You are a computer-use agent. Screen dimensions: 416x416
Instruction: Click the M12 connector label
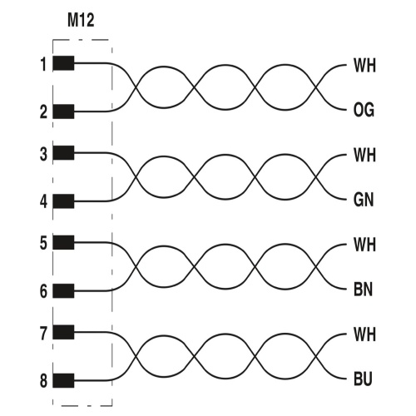pyautogui.click(x=81, y=20)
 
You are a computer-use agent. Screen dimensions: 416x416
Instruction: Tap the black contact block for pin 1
pyautogui.click(x=63, y=63)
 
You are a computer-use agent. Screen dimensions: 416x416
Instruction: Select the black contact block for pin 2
pyautogui.click(x=63, y=111)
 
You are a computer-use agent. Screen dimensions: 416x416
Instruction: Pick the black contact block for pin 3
pyautogui.click(x=63, y=152)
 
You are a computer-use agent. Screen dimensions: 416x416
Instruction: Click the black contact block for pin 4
pyautogui.click(x=63, y=201)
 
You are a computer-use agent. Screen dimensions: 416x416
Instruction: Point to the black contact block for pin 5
pyautogui.click(x=63, y=242)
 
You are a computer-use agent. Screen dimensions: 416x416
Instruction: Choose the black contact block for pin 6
pyautogui.click(x=63, y=290)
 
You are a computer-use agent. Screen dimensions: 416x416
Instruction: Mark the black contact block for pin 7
pyautogui.click(x=63, y=332)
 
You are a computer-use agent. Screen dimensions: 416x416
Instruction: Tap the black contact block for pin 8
pyautogui.click(x=63, y=380)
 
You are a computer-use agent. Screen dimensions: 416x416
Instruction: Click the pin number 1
pyautogui.click(x=43, y=64)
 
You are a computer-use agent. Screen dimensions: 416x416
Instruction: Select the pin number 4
pyautogui.click(x=43, y=201)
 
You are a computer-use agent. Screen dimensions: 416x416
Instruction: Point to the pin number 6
pyautogui.click(x=43, y=291)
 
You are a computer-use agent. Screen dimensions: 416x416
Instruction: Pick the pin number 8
pyautogui.click(x=43, y=380)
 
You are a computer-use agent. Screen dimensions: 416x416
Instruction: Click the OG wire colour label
pyautogui.click(x=364, y=110)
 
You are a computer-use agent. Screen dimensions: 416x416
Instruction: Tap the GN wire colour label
pyautogui.click(x=364, y=200)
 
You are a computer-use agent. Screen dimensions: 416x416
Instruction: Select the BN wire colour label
pyautogui.click(x=364, y=290)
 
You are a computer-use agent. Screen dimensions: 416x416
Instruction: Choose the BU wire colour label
pyautogui.click(x=363, y=379)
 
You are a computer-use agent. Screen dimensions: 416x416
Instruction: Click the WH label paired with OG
pyautogui.click(x=364, y=66)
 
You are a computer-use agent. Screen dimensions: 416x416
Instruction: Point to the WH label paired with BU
pyautogui.click(x=364, y=334)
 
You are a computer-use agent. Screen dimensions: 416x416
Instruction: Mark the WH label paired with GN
pyautogui.click(x=364, y=155)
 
